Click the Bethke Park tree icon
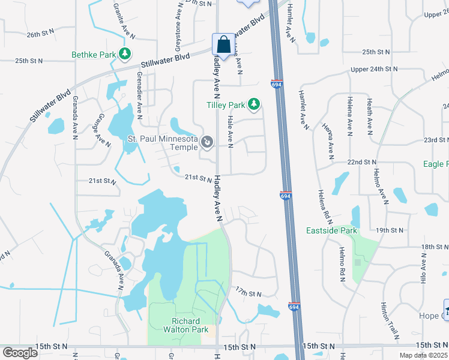pos(125,55)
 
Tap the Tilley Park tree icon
pos(254,105)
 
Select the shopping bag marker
pos(224,44)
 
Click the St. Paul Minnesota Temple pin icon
pos(207,142)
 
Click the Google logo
pos(20,353)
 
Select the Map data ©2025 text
pos(423,355)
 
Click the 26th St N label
pos(40,35)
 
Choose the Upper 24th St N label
pos(374,70)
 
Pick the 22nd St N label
pos(362,162)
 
